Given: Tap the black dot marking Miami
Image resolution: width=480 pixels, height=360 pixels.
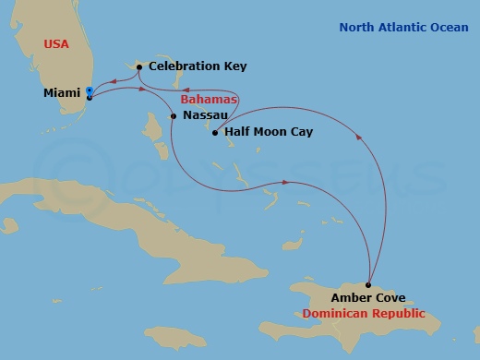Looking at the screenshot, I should [90, 97].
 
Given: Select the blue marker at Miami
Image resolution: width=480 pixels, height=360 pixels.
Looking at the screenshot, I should [89, 90].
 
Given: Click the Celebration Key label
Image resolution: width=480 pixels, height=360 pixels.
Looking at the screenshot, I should [198, 66].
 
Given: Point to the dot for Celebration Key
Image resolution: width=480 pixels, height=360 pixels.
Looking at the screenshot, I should [138, 66].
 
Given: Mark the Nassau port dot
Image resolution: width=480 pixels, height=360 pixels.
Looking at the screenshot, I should [174, 116].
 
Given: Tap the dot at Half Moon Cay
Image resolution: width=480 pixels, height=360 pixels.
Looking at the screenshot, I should [214, 133].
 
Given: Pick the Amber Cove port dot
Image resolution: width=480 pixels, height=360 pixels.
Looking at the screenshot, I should [368, 285].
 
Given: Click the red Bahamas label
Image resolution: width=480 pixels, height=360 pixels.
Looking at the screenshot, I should [209, 99].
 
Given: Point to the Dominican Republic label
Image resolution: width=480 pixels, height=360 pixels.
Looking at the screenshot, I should [364, 313].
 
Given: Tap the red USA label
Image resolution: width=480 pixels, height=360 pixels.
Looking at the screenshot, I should [56, 44].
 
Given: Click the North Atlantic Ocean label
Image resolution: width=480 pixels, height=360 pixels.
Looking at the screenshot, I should [403, 28].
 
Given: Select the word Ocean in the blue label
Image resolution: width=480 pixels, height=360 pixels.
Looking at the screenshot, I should [448, 28].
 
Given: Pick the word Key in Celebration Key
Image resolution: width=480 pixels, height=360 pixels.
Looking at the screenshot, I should [234, 66].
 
